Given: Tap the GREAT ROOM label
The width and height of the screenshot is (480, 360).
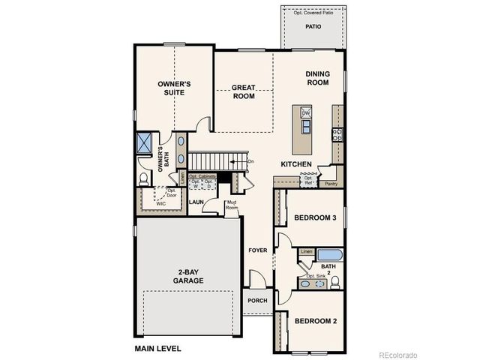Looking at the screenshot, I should [x=244, y=91].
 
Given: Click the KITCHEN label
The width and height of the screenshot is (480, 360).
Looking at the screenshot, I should [x=295, y=163].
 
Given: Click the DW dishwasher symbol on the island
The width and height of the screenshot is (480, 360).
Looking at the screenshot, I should [x=306, y=112].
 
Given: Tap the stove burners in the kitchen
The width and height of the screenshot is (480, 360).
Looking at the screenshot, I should [x=337, y=135].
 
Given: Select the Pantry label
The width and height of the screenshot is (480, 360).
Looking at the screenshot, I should [x=330, y=182].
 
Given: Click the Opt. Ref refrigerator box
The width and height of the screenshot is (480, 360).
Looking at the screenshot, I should [x=308, y=181].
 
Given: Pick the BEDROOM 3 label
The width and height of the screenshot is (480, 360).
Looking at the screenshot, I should [x=313, y=218].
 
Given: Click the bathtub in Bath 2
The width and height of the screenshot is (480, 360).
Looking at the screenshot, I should [x=329, y=256].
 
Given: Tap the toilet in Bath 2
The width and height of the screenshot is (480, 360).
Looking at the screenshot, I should [x=336, y=282].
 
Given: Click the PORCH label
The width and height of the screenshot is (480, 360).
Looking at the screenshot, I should [x=257, y=301].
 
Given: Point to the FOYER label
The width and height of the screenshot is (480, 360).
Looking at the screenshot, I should [x=258, y=250].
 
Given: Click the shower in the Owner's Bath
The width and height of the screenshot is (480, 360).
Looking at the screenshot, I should [x=145, y=142].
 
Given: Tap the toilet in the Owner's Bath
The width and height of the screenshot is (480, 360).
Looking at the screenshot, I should [x=145, y=178].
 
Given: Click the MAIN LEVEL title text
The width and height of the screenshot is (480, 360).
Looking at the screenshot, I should [x=157, y=349].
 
